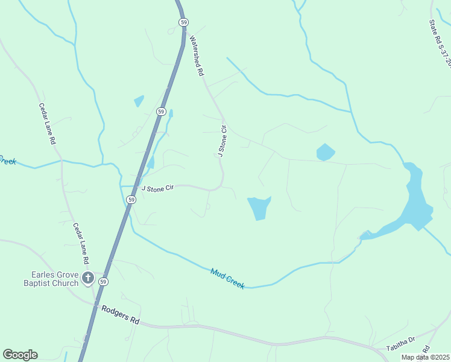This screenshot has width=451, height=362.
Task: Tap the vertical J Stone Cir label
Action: [222, 141]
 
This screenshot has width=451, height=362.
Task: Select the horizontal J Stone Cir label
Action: [157, 188]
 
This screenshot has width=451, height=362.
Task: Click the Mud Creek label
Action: [227, 279]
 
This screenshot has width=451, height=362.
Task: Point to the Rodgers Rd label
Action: [121, 315]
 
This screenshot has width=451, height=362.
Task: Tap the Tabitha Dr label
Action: [402, 343]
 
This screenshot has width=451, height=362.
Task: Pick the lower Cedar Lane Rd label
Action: [81, 243]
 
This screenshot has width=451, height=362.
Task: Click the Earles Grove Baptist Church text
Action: [51, 279]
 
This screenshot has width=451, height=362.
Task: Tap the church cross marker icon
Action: [87, 278]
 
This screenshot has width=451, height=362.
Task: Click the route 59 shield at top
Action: [183, 22]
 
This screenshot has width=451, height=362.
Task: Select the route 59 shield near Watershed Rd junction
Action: [160, 112]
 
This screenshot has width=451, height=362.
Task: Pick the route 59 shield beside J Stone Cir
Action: [131, 199]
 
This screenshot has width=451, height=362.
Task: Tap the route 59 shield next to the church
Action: [104, 282]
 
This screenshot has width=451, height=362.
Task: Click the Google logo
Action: [20, 355]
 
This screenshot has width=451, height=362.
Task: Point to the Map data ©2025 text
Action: [425, 357]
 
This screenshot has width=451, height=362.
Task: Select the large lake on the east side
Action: [415, 199]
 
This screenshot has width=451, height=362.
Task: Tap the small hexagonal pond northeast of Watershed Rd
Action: [325, 152]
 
